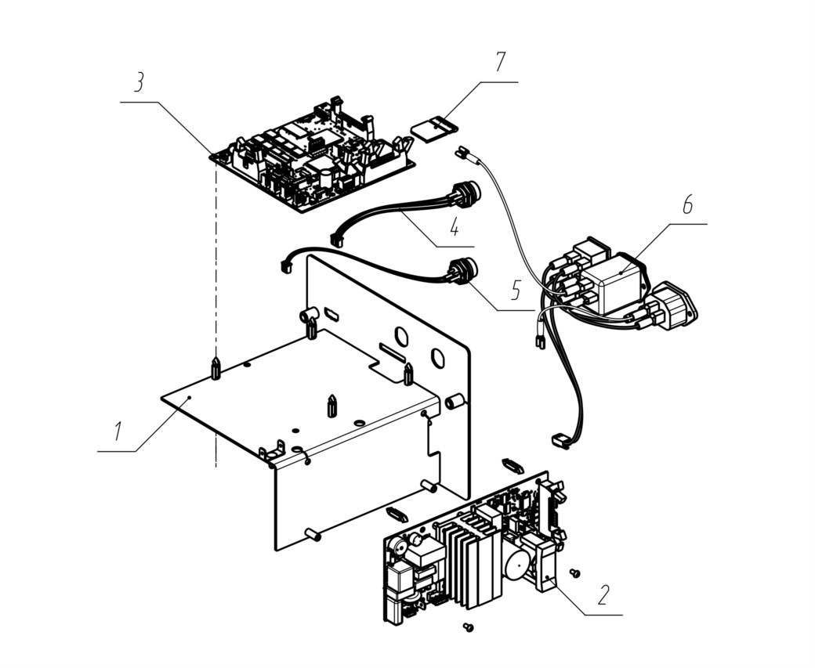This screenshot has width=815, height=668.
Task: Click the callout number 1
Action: coord(118,431)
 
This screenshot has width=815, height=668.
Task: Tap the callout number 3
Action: coord(138,83)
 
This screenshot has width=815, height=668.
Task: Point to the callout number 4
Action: coord(455,226)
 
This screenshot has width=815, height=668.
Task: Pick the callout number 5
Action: coord(515,291)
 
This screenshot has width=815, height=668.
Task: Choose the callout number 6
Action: coord(687,205)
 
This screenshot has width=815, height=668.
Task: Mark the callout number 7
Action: coord(499,62)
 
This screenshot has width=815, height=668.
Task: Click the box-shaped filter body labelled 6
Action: coord(611,283)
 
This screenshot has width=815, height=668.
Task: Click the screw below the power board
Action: coord(469,627)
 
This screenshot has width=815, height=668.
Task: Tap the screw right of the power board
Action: coord(575,572)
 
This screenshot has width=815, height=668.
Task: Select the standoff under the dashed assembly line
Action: coord(216,368)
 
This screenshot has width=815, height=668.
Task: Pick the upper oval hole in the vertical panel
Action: coord(400,337)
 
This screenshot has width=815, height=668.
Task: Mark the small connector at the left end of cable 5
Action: coord(286,265)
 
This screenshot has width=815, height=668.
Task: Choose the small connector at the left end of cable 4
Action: coord(338,240)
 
